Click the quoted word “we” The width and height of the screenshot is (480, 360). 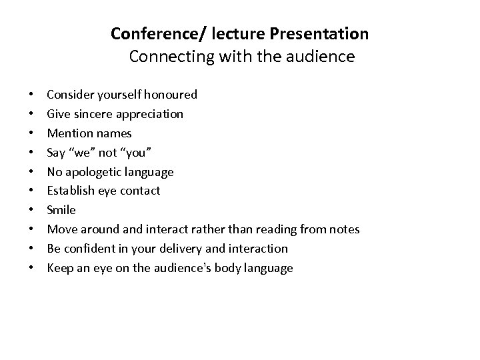[83, 153]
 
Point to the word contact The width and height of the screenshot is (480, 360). [139, 191]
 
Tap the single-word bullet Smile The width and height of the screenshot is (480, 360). [61, 210]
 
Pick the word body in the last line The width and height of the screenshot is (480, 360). [227, 268]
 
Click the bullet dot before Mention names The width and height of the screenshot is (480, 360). [32, 133]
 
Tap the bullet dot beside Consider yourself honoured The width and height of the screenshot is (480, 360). [32, 95]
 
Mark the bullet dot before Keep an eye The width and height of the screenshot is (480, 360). [32, 268]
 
